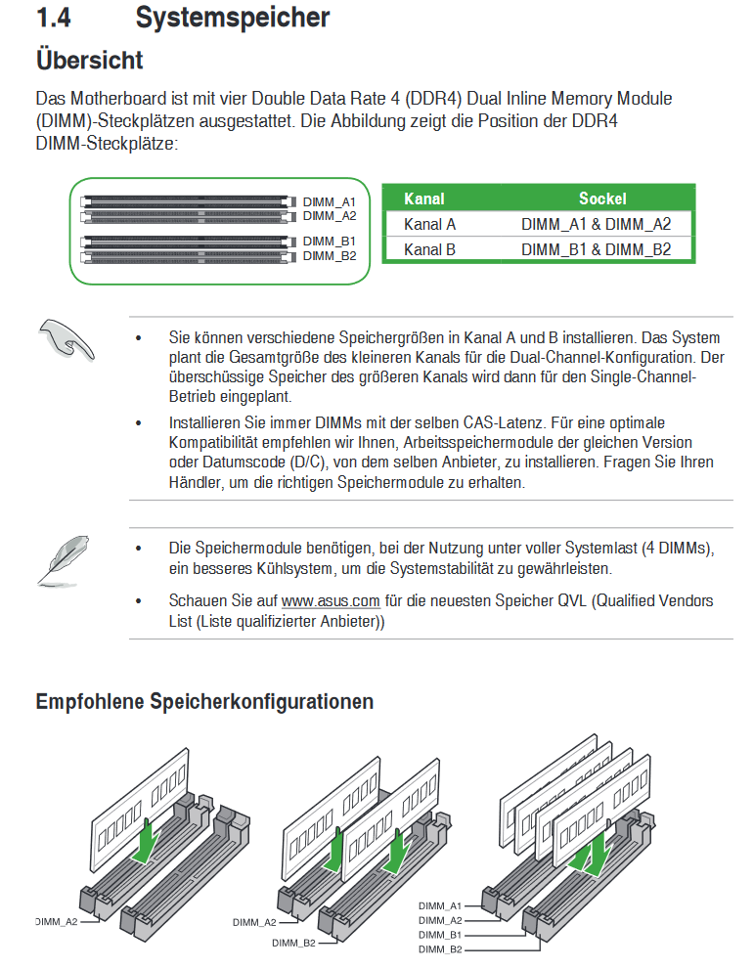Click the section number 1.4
point(54,18)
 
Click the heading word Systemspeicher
point(233,19)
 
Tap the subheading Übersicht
point(90,60)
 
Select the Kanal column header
point(424,198)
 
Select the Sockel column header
point(602,198)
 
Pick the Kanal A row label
point(429,224)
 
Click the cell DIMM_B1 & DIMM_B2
point(596,249)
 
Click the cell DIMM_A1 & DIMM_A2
point(596,224)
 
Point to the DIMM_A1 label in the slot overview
point(330,202)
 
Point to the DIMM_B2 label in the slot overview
point(330,256)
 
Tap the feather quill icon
point(63,561)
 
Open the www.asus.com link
point(331,600)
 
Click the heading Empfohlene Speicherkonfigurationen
point(204,701)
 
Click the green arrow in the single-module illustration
point(146,840)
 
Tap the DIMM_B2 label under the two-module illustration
point(293,943)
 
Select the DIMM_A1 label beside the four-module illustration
point(440,905)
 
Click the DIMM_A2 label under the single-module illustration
point(57,921)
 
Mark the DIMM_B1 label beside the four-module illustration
point(440,935)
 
